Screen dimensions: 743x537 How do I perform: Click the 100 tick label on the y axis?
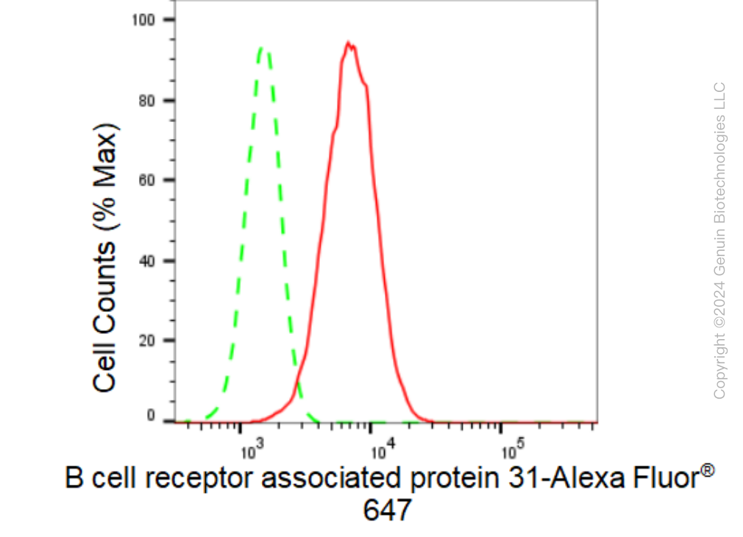(x=143, y=20)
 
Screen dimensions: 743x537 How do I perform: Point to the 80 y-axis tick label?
(x=147, y=101)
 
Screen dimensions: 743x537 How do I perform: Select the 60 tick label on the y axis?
(x=147, y=180)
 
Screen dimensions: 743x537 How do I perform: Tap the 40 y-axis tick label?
(x=147, y=260)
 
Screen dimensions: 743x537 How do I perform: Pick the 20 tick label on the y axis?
(x=147, y=341)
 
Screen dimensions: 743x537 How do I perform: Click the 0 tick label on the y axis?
(x=151, y=416)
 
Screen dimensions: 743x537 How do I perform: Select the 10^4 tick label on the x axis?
(x=383, y=451)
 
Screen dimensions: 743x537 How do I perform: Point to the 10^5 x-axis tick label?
(x=513, y=451)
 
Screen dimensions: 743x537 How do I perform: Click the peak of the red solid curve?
(x=348, y=43)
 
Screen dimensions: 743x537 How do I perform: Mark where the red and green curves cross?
(x=298, y=384)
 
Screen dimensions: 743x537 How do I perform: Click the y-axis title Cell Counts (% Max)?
(x=104, y=258)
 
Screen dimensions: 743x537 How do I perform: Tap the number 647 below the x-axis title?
(x=387, y=511)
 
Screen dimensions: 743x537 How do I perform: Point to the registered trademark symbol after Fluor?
(x=707, y=471)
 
